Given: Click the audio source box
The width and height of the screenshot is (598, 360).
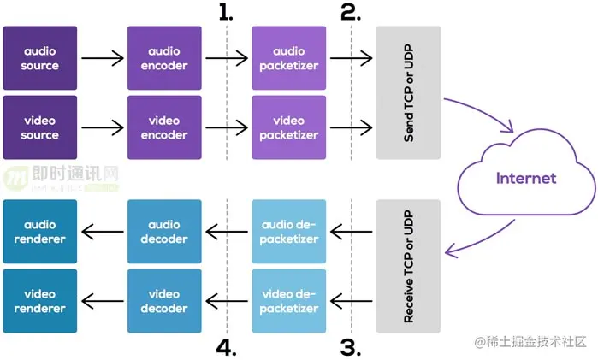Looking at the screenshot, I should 40,58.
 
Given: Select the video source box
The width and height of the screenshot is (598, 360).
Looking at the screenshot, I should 40,127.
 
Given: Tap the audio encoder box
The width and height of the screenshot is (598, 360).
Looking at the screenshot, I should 164,58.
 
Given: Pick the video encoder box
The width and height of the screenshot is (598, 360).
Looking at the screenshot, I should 164,127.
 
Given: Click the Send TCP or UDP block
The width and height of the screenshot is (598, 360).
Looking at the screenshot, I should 408,92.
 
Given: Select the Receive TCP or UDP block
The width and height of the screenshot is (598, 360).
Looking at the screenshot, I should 408,266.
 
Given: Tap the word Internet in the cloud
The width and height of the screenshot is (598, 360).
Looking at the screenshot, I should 527,178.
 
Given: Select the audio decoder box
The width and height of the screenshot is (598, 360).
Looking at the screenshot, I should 164,232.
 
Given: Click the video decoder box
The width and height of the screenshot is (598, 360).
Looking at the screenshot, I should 164,301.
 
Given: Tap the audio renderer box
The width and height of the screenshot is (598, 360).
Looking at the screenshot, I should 40,232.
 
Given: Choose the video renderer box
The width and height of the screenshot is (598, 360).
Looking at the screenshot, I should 40,301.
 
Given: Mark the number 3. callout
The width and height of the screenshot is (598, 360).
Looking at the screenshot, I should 351,347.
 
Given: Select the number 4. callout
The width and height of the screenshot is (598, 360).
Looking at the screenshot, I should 227,347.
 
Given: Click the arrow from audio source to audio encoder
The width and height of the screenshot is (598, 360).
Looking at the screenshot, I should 102,59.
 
